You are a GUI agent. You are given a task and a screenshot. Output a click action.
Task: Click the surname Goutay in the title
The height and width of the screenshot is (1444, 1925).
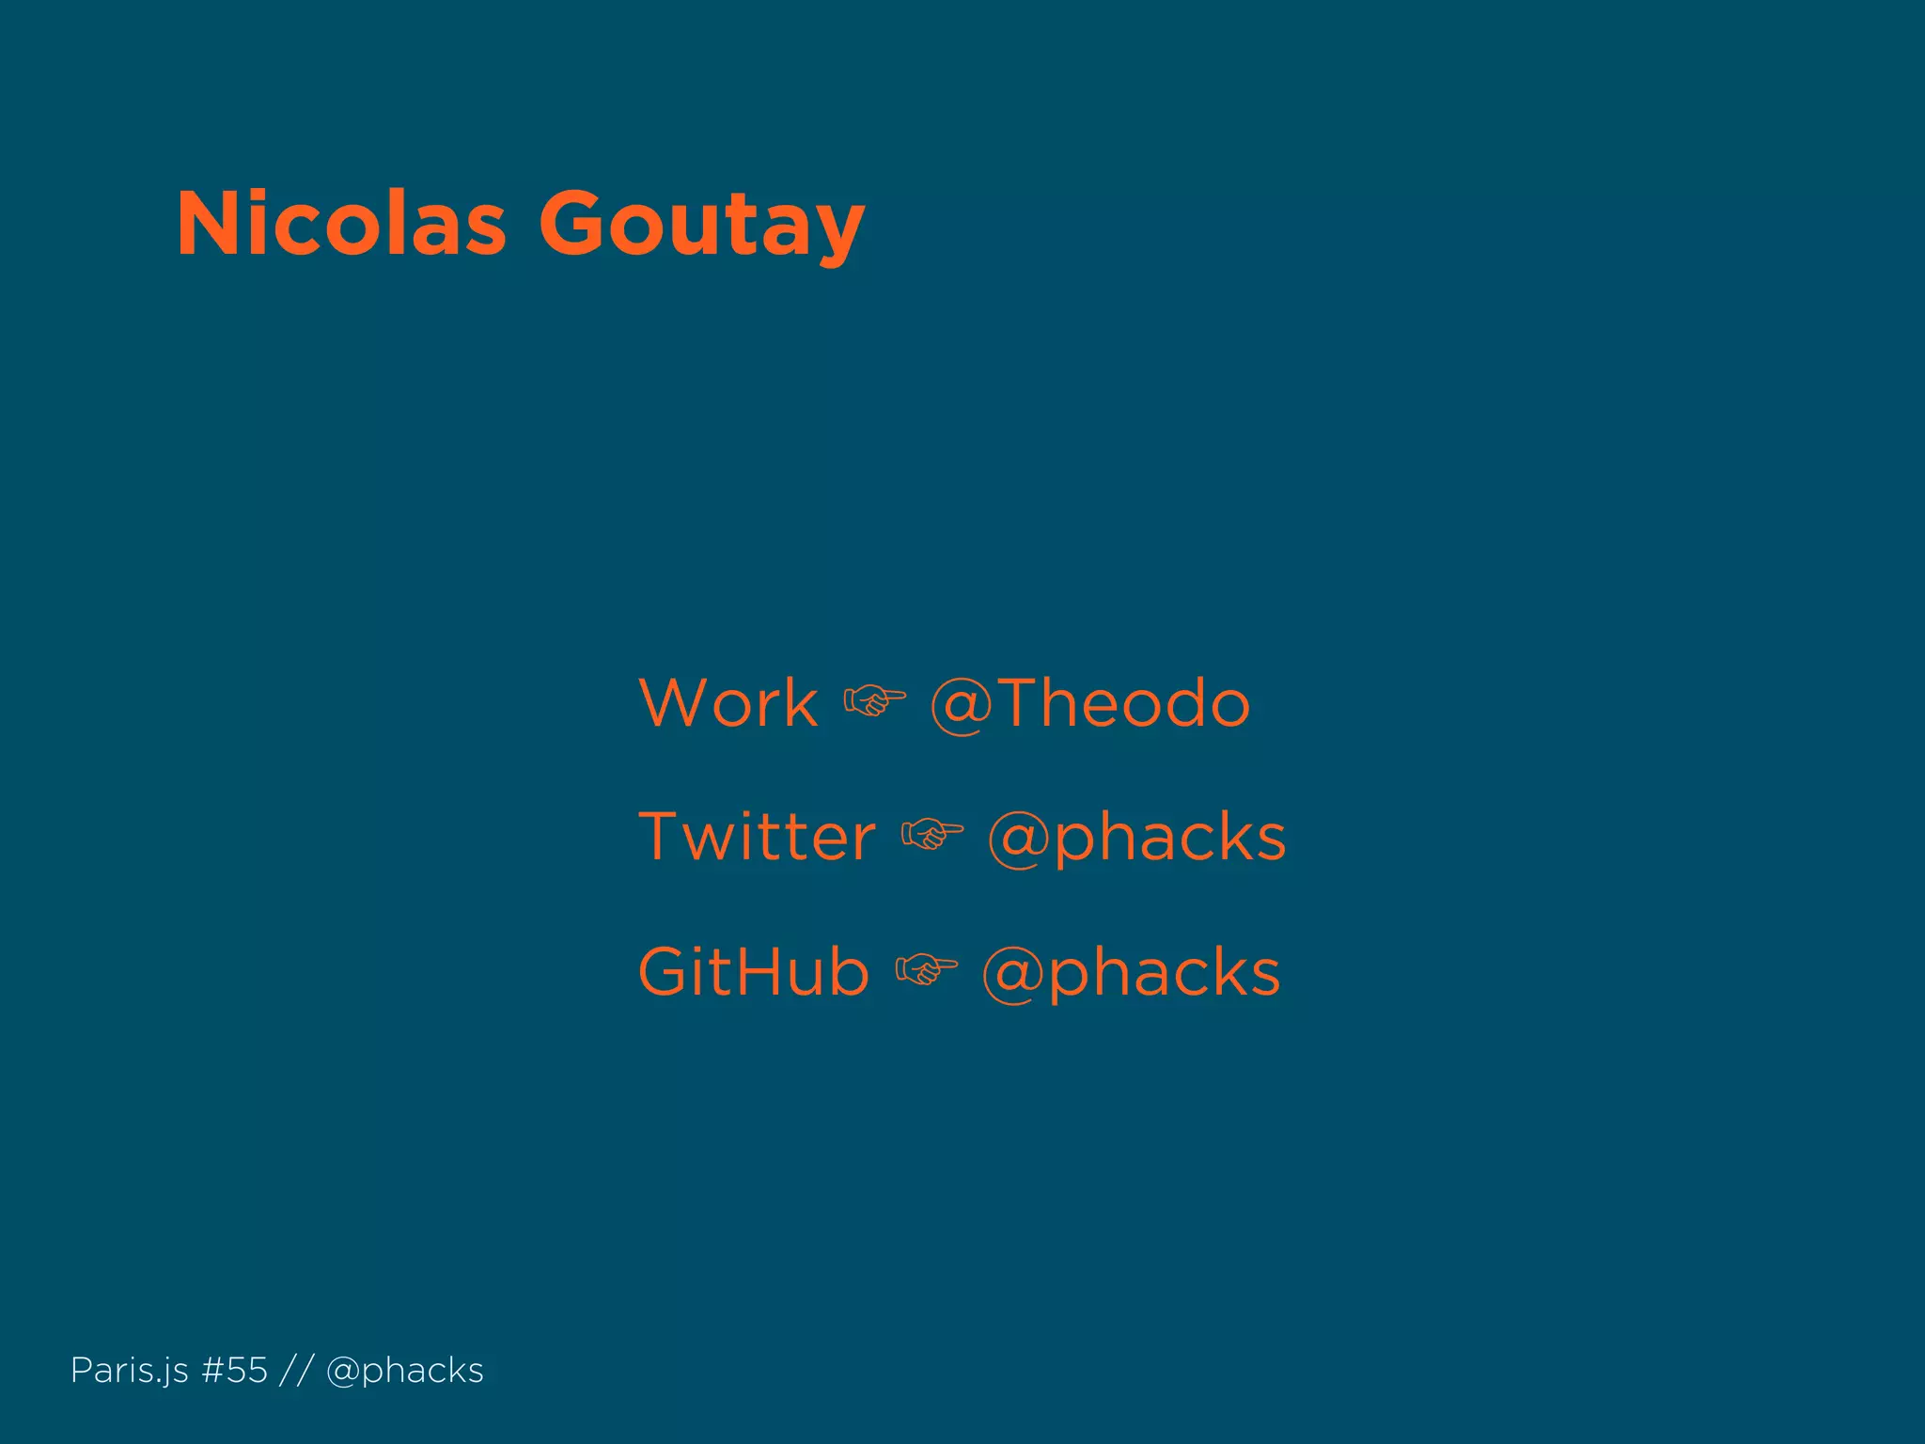pos(701,226)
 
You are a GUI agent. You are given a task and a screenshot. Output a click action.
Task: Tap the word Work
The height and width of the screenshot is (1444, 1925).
pos(728,703)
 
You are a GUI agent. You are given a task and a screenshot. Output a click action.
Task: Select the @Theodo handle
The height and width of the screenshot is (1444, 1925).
pos(1090,703)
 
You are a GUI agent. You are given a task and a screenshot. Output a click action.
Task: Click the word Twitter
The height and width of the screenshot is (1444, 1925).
pos(757,837)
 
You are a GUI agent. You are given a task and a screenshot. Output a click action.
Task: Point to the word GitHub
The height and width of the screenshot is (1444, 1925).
pos(754,971)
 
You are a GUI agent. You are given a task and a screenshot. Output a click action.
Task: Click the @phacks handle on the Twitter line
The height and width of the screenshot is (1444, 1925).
pos(1136,837)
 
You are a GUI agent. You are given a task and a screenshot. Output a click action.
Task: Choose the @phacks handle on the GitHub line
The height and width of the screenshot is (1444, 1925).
pos(1131,971)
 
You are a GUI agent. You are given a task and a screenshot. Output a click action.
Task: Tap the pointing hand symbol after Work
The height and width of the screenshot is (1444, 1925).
pos(874,701)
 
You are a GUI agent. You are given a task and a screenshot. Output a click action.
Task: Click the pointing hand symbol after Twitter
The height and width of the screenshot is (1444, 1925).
pos(931,835)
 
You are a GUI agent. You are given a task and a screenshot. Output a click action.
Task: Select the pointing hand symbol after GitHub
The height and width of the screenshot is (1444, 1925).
pos(926,969)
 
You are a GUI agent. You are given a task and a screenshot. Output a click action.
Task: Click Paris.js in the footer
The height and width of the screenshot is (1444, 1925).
pos(130,1371)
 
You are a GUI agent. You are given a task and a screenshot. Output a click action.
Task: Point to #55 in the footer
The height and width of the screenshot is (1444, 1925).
pos(235,1371)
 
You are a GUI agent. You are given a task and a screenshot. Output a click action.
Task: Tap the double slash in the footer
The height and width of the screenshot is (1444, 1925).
pos(296,1371)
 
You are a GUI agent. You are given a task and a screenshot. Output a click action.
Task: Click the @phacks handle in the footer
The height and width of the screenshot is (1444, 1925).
pos(405,1371)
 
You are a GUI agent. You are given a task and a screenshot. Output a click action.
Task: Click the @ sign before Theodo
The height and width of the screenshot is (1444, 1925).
pos(961,705)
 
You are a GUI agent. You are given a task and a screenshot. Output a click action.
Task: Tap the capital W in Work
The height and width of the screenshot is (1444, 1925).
pos(674,703)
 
